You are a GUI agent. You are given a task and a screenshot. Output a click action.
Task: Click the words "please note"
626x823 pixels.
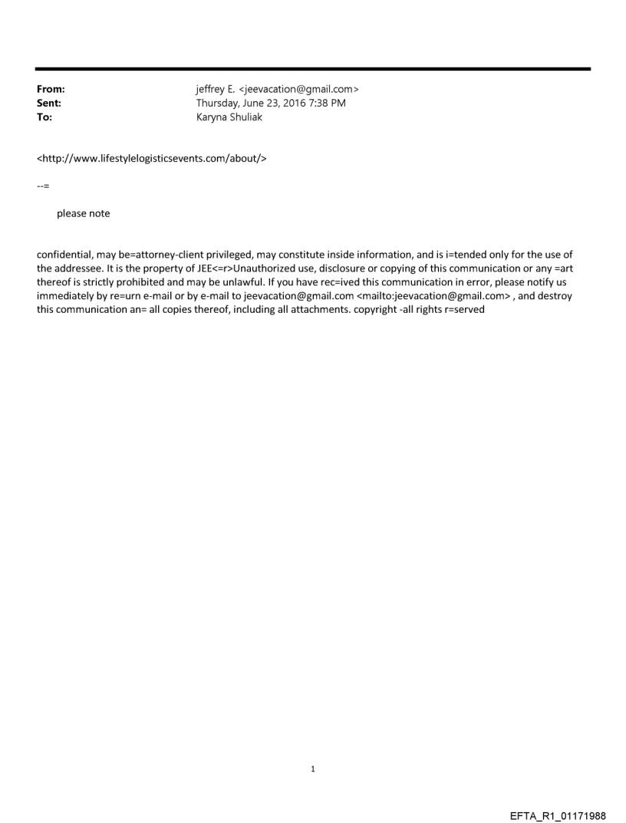tap(83, 213)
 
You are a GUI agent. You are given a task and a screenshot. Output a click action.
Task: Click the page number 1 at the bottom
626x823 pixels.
tap(312, 769)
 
